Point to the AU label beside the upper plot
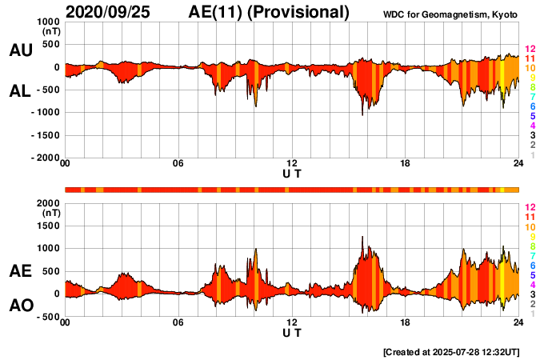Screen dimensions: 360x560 pos(20,50)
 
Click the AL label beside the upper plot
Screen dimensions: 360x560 pos(20,91)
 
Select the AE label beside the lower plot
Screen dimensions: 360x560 pos(20,271)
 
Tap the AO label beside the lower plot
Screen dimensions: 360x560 pos(20,305)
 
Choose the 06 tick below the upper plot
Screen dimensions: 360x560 pos(178,164)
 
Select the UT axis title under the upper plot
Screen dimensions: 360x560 pos(292,173)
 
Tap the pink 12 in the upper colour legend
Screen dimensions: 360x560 pos(529,50)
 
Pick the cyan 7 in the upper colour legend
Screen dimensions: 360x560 pos(532,97)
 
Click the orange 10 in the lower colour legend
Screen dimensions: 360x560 pos(529,226)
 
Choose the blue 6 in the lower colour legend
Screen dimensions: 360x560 pos(532,265)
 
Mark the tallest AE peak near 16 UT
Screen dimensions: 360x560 pos(362,238)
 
